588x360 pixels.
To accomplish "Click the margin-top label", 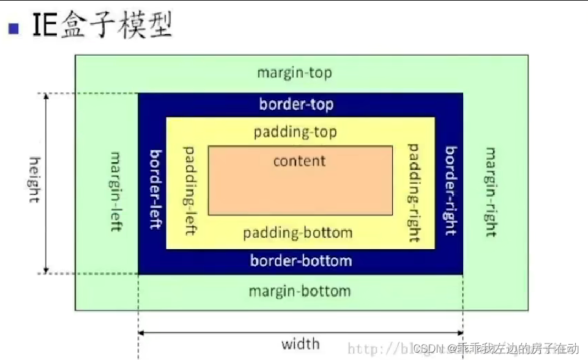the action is (x=294, y=73).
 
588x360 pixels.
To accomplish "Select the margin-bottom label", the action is (x=300, y=291).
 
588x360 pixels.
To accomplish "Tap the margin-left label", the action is (x=114, y=190).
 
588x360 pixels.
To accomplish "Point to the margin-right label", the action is (x=490, y=190).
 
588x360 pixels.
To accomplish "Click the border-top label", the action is (x=296, y=104).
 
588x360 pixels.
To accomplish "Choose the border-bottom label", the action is (x=301, y=261).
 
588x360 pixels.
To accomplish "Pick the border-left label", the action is (x=155, y=189).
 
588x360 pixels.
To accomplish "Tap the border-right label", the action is (x=451, y=190).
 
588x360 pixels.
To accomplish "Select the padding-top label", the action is (x=296, y=131).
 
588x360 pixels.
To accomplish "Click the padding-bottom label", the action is (x=298, y=233).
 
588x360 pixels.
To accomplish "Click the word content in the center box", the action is (x=299, y=161).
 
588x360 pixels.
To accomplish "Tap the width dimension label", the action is (x=300, y=343).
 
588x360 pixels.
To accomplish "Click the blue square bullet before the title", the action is (x=14, y=27).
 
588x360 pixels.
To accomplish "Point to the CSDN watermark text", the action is (x=429, y=349).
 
